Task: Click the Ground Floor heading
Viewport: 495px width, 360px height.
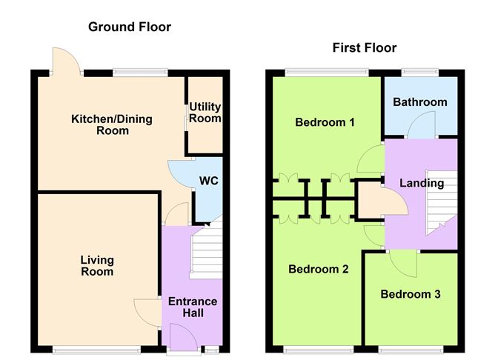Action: pos(130,27)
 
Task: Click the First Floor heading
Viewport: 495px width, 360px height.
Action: pos(363,48)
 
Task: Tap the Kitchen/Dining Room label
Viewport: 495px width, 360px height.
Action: pos(100,124)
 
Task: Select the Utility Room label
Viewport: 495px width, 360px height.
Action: pos(205,113)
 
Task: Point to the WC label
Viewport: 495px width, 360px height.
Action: pos(208,181)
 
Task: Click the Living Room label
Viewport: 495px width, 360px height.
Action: pos(97,265)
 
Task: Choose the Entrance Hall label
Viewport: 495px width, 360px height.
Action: pos(193,307)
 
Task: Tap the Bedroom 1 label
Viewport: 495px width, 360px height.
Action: pos(325,122)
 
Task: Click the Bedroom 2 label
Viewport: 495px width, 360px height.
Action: pos(318,270)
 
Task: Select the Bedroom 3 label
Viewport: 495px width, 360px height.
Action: pos(411,294)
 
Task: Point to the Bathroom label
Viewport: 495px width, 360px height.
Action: pos(420,102)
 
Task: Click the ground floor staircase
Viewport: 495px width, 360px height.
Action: pos(206,252)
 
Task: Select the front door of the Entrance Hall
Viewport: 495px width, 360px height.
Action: pos(182,339)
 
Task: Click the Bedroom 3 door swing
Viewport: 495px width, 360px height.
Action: pos(403,261)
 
